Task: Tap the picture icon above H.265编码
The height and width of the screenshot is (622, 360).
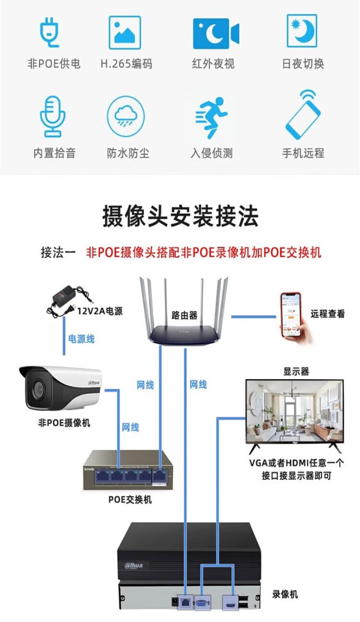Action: click(x=125, y=33)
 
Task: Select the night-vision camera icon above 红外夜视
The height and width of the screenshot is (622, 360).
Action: click(x=216, y=34)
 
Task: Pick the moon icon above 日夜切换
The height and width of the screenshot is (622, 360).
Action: click(x=302, y=30)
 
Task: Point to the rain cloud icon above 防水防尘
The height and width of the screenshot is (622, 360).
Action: click(x=126, y=116)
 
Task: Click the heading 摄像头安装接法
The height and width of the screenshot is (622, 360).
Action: click(x=180, y=216)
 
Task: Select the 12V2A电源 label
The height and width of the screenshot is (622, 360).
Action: click(x=100, y=311)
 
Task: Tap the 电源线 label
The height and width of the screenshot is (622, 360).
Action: click(x=81, y=339)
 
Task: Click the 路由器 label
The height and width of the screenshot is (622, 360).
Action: click(x=184, y=315)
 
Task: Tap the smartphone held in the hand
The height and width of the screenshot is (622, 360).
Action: click(x=290, y=314)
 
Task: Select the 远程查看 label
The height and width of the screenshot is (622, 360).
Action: click(x=327, y=314)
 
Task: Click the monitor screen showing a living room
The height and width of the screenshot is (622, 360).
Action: click(x=294, y=410)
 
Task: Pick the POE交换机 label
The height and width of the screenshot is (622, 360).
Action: click(x=130, y=500)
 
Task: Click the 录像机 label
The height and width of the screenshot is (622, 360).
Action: click(x=285, y=594)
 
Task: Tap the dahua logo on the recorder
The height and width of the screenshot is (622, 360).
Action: click(x=134, y=565)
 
